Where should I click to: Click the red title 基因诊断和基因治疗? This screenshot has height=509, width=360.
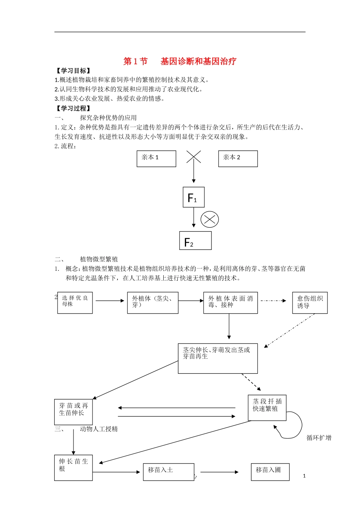(198, 61)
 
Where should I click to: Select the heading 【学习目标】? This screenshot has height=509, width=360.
(73, 71)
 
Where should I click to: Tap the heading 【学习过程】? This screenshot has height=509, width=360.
(73, 108)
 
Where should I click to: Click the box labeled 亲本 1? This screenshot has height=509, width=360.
(156, 159)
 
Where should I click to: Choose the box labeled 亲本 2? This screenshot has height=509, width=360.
(238, 159)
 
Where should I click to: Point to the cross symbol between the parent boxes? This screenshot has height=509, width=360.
(194, 156)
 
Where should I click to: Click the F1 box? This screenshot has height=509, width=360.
(194, 197)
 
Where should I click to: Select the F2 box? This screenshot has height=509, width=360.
(195, 241)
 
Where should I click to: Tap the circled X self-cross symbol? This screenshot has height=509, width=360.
(210, 219)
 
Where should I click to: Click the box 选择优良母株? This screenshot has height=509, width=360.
(75, 303)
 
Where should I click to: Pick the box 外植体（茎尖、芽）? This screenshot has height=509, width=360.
(153, 303)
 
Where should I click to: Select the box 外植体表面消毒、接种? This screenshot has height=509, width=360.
(230, 303)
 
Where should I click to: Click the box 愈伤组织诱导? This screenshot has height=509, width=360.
(310, 303)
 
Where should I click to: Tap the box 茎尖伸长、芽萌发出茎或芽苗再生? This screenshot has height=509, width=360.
(218, 358)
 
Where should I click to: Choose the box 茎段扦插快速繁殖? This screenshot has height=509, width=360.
(267, 408)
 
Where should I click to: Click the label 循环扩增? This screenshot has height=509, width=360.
(319, 438)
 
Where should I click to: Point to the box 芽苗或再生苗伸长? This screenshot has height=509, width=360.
(74, 412)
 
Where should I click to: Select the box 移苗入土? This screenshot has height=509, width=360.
(169, 472)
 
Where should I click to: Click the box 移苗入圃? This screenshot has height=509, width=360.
(270, 472)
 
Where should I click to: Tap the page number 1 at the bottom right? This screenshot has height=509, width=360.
(304, 476)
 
